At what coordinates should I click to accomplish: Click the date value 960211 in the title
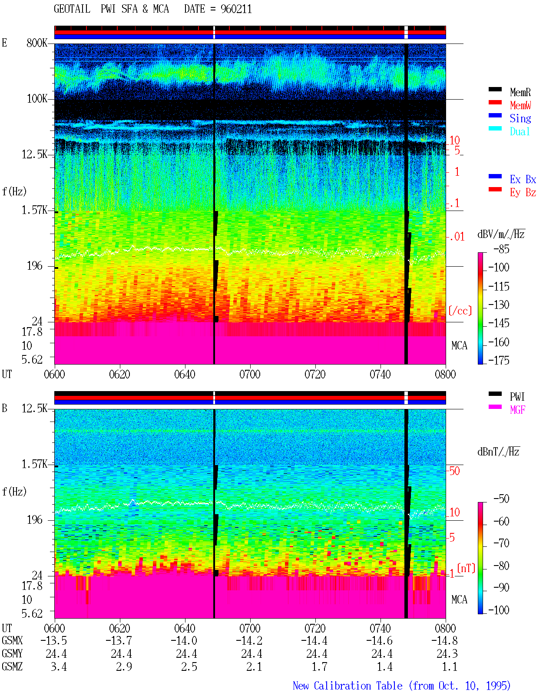[236, 9]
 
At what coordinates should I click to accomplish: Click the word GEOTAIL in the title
[72, 9]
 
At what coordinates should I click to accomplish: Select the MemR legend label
[520, 92]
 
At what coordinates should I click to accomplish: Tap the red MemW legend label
[520, 105]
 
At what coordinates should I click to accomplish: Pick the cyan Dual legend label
[520, 131]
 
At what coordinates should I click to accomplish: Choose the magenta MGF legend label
[517, 410]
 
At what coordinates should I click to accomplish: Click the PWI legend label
[517, 396]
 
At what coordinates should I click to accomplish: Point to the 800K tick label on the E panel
[37, 43]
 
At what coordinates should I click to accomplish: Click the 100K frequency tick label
[37, 99]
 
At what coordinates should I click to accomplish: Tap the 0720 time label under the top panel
[315, 374]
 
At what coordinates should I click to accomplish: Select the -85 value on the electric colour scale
[501, 249]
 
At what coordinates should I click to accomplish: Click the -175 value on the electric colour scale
[499, 360]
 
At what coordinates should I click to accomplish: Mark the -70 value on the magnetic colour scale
[501, 543]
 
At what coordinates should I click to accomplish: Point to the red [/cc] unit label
[460, 311]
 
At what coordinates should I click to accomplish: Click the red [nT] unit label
[466, 568]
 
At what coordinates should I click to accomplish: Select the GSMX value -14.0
[184, 640]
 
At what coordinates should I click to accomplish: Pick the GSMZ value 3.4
[59, 666]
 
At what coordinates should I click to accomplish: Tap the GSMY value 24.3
[447, 653]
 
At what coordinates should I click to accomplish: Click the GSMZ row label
[12, 666]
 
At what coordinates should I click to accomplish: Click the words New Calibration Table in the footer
[347, 686]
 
